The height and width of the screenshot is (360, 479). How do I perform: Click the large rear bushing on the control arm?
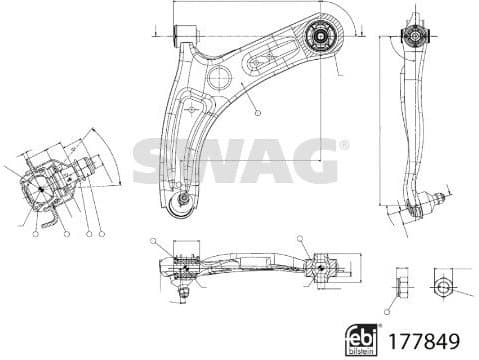[320, 38]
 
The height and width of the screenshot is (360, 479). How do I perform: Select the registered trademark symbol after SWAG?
[344, 146]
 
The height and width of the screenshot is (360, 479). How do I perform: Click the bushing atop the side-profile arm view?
[412, 37]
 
